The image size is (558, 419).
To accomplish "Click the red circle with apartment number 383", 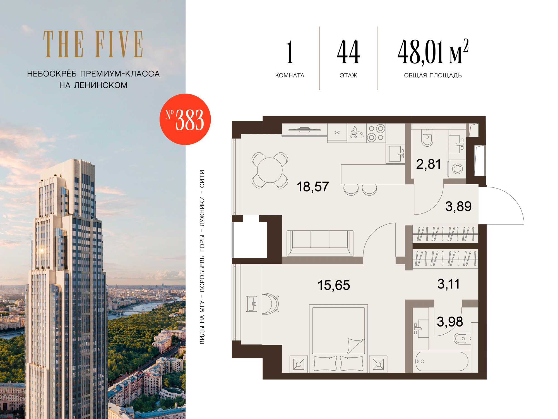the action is tap(185, 119).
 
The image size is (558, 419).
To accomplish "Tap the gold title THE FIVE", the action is tap(93, 44).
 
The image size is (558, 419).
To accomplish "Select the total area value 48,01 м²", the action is tap(433, 52).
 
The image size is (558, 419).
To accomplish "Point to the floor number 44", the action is tap(348, 52).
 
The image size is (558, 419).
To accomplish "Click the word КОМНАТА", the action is tap(290, 75).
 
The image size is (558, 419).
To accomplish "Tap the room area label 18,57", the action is tap(313, 187).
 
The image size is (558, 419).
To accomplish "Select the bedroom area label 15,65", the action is tap(334, 285).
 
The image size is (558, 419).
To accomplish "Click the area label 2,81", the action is tap(429, 164).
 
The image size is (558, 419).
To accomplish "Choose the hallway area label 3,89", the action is tap(458, 206).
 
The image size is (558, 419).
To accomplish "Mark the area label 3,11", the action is tap(448, 284).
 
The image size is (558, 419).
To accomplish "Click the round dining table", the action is tap(270, 170).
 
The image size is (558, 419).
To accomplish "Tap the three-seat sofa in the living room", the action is tap(320, 243).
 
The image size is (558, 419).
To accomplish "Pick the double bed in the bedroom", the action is tap(338, 338).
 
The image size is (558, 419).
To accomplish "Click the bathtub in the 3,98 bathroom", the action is tap(442, 361).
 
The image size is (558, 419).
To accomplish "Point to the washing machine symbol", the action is tap(458, 169).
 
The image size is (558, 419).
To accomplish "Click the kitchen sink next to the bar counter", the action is tap(395, 153).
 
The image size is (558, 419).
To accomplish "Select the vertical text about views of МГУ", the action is tap(202, 257).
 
